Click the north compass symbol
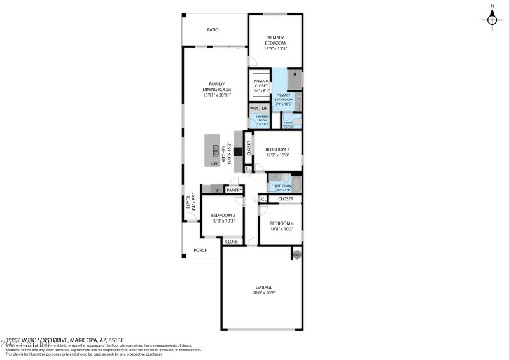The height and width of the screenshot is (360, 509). (x=492, y=20)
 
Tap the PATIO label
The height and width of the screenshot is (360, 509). (x=214, y=29)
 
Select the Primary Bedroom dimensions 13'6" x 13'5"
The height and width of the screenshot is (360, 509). (x=275, y=48)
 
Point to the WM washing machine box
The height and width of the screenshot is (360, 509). (x=254, y=108)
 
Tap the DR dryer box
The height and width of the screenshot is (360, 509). (x=265, y=108)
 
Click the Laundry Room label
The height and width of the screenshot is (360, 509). (x=263, y=118)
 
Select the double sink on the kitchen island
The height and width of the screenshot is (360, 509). (x=216, y=150)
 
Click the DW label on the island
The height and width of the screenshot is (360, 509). (x=214, y=163)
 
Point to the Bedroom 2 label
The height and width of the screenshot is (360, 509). (x=277, y=149)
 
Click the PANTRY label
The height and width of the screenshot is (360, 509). (x=234, y=190)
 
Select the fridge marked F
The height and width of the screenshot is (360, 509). (x=217, y=190)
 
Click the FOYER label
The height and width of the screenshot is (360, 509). (x=188, y=202)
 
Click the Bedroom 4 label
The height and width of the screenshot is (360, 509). (x=281, y=223)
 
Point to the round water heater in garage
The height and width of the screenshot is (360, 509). (x=296, y=254)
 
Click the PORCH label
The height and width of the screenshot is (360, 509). (x=201, y=250)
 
